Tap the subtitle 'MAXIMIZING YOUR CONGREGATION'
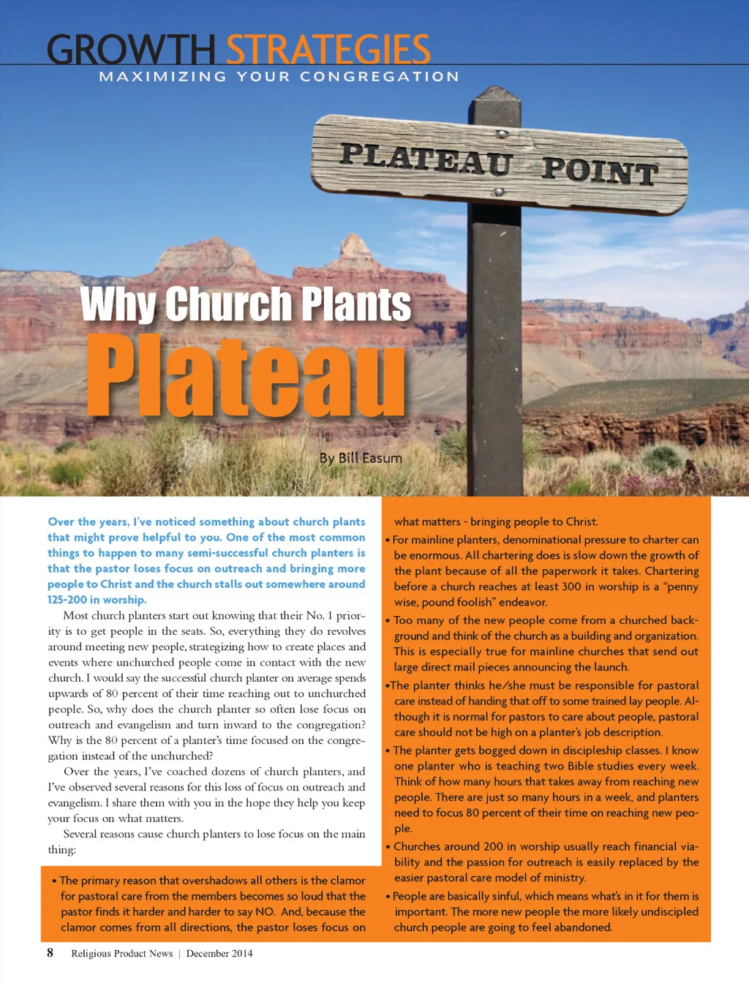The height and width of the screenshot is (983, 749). tap(279, 77)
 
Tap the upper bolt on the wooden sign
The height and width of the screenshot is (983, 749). tap(502, 135)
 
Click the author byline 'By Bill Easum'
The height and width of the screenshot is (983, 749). tap(361, 458)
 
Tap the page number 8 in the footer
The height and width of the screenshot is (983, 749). tap(50, 952)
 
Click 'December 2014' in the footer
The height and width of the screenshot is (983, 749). tap(219, 953)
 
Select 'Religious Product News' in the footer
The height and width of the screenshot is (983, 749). tap(121, 953)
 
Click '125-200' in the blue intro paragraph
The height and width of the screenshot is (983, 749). tap(67, 600)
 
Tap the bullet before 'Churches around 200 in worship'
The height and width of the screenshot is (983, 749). tap(388, 847)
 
